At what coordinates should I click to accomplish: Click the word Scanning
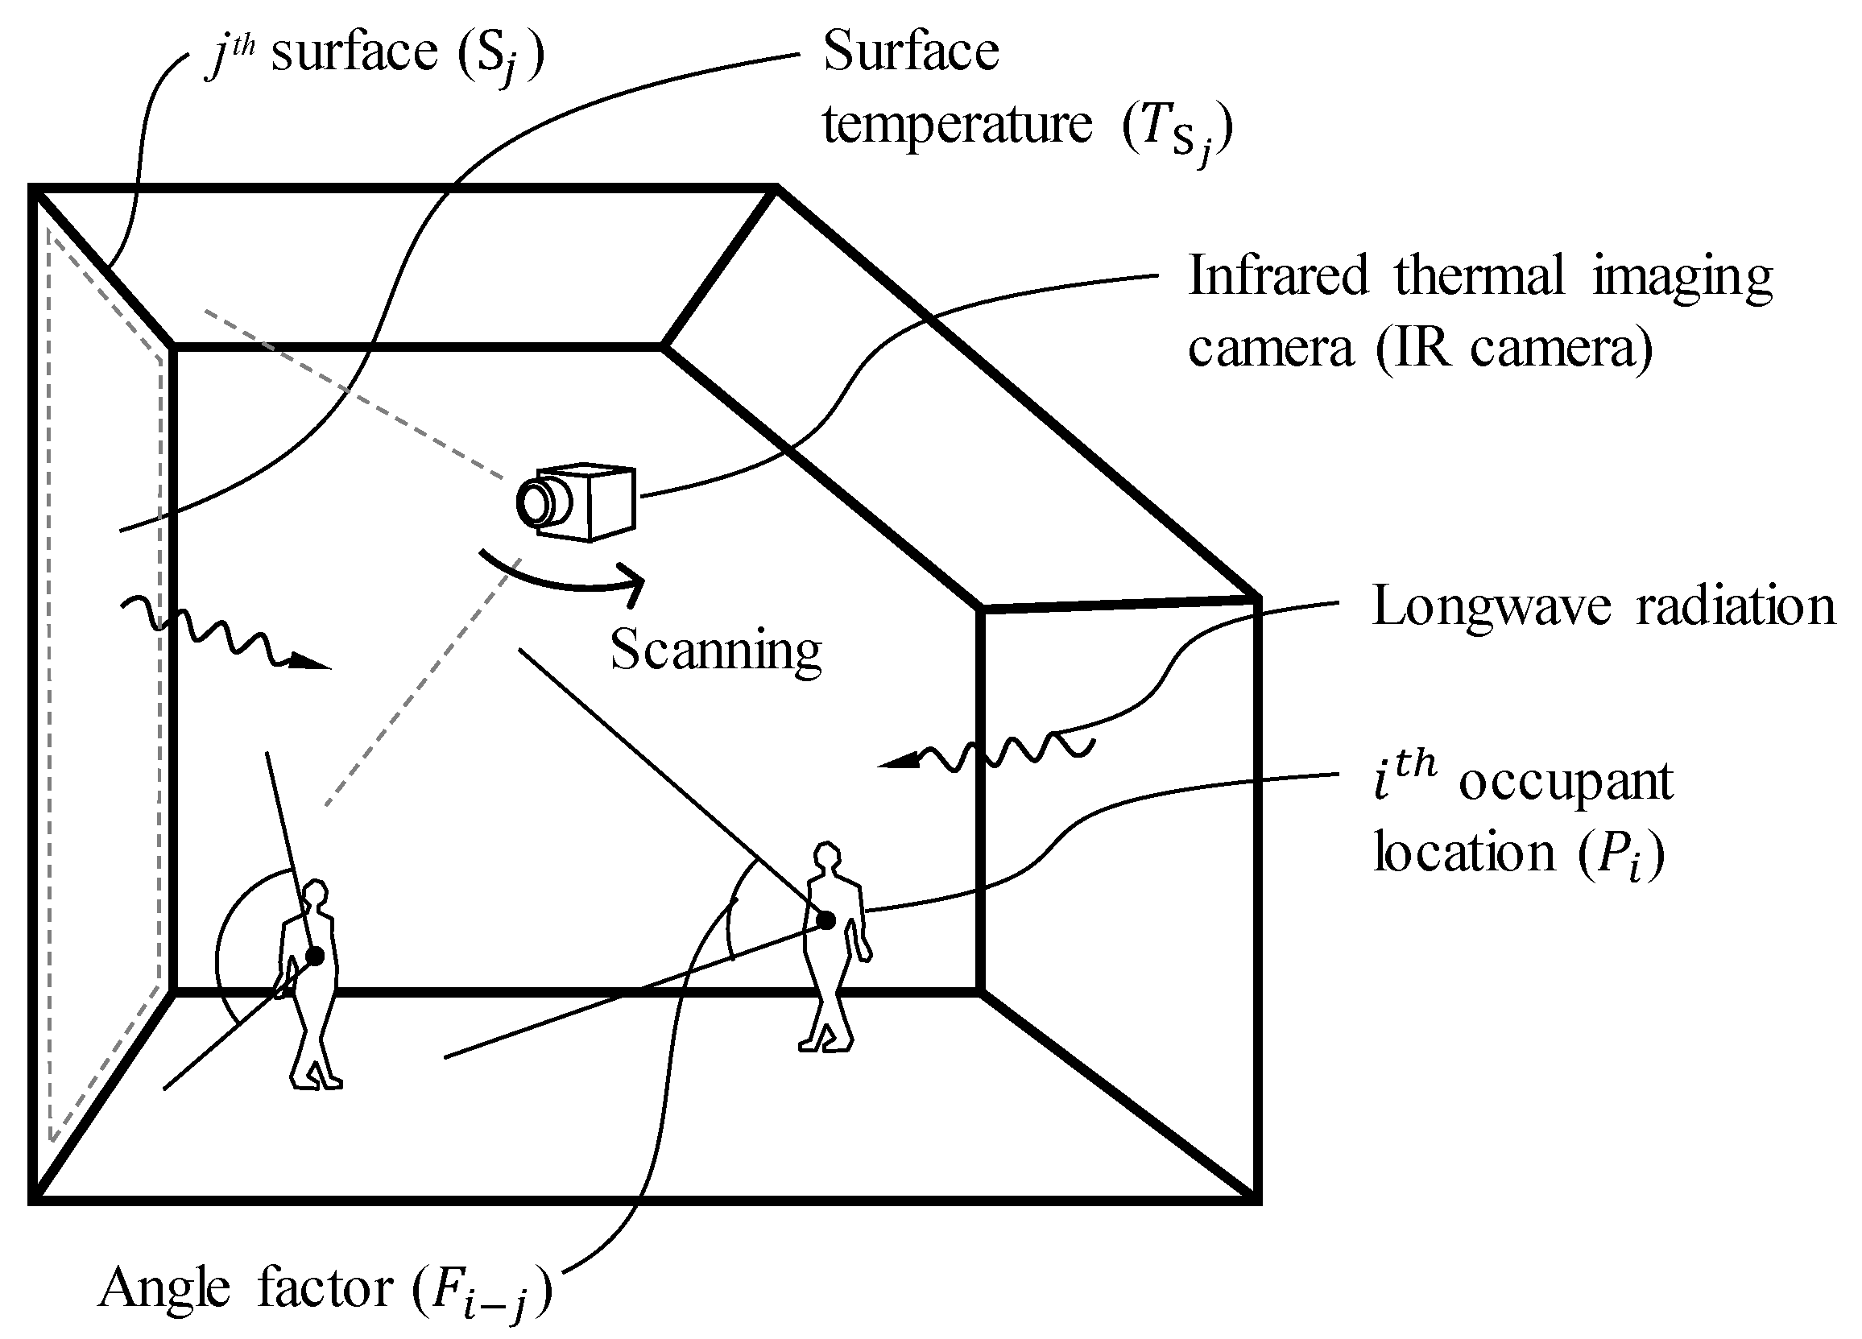pyautogui.click(x=715, y=651)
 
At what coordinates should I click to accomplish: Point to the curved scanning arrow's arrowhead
pyautogui.click(x=633, y=583)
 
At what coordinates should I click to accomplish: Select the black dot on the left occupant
pyautogui.click(x=314, y=956)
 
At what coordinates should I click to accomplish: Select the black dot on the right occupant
pyautogui.click(x=826, y=920)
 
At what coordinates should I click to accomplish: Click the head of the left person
pyautogui.click(x=315, y=892)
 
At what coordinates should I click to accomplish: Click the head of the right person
pyautogui.click(x=827, y=855)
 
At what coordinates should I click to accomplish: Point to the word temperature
pyautogui.click(x=958, y=125)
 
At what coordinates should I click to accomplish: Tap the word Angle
pyautogui.click(x=164, y=1289)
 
